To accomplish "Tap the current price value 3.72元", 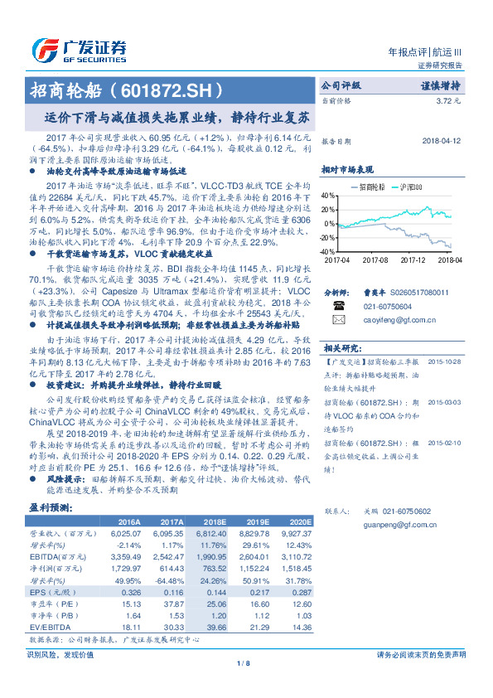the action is [447, 100].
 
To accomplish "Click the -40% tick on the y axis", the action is [327, 250].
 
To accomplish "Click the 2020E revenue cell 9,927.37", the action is [296, 534].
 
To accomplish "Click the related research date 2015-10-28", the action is [445, 361].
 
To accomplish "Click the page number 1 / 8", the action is [245, 664].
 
